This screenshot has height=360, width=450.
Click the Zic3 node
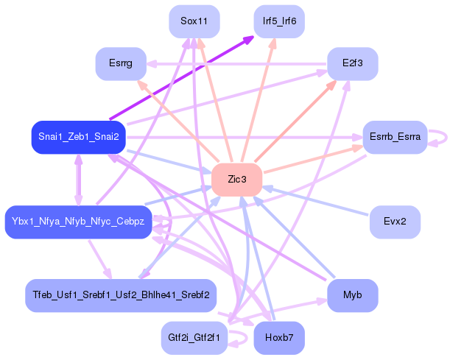tap(236, 180)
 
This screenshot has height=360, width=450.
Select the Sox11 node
tap(194, 21)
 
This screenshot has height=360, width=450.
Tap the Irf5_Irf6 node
tap(279, 21)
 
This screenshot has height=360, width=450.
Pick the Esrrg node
tap(121, 64)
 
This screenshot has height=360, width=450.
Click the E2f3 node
tap(353, 64)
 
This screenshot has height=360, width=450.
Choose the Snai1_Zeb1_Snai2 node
tap(79, 137)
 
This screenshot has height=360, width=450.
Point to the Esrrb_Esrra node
tap(395, 137)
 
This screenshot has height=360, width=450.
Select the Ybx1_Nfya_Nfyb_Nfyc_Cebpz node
tap(78, 222)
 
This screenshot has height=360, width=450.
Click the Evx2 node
tap(395, 222)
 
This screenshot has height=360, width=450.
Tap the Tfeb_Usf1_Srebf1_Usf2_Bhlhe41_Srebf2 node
tap(121, 295)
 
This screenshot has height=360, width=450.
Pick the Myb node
tap(353, 295)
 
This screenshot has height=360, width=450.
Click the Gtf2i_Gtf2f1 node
tap(194, 338)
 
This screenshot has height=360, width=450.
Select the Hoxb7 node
tap(279, 338)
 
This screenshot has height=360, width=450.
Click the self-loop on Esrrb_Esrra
tap(446, 138)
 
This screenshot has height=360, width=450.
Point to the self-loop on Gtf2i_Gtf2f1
tap(247, 339)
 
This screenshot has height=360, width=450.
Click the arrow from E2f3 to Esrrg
tap(236, 64)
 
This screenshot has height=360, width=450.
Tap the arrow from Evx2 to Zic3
tap(315, 201)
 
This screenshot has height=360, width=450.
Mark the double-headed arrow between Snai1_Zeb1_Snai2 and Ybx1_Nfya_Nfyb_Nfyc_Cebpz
tap(79, 180)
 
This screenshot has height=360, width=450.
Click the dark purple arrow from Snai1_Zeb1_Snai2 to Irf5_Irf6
tap(182, 77)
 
